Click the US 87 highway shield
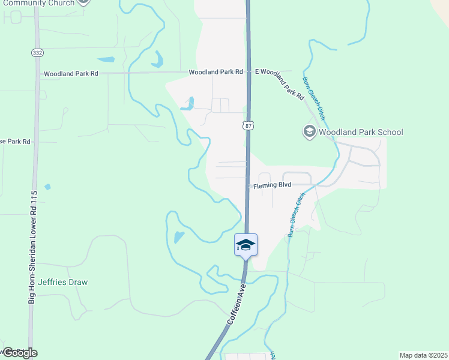(247, 125)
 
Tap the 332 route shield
(37, 53)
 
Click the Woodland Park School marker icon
(310, 131)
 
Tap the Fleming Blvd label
(272, 185)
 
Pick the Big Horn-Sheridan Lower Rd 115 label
(34, 247)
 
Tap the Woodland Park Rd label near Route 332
(70, 74)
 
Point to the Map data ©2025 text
(423, 355)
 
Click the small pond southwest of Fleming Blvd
(179, 237)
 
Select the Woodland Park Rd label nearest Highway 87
(215, 72)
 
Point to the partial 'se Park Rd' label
(15, 142)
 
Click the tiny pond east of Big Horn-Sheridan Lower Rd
(47, 187)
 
